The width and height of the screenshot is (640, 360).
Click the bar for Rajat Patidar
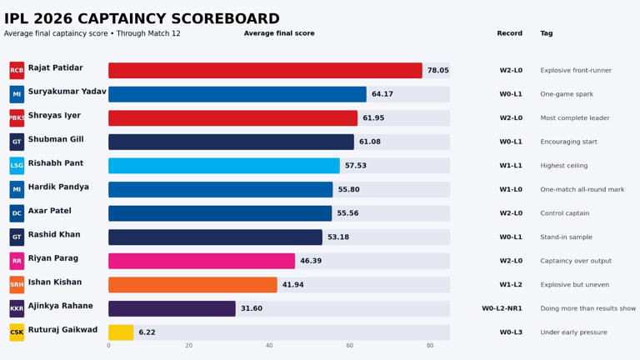[x=265, y=71]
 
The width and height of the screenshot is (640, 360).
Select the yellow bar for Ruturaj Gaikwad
[x=121, y=332]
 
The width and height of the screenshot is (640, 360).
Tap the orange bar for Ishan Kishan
[x=192, y=285]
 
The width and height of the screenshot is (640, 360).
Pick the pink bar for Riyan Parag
[x=202, y=261]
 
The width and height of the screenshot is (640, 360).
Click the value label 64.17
[x=382, y=95]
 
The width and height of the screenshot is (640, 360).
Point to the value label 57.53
[x=356, y=166]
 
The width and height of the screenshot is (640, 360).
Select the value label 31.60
[x=252, y=309]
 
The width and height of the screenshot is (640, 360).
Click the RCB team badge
[x=17, y=71]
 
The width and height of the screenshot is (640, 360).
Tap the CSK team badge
[x=17, y=332]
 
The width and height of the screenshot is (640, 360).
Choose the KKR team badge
[x=17, y=309]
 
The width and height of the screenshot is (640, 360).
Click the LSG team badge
[x=17, y=166]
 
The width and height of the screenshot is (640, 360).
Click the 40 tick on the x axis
[x=269, y=346]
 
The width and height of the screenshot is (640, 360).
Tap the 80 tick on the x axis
[x=430, y=346]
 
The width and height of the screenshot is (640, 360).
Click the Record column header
[x=509, y=33]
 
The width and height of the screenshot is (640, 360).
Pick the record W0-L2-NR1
[x=502, y=309]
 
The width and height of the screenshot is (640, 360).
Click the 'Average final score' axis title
[x=279, y=33]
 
